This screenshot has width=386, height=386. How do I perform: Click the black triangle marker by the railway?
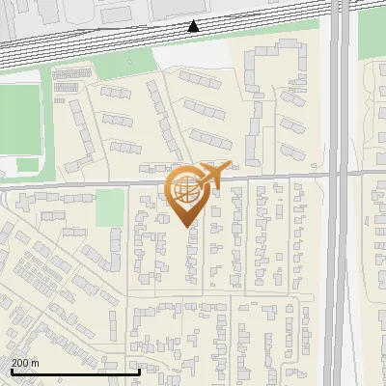[194, 26]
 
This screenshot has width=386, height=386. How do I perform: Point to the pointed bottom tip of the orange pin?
[186, 226]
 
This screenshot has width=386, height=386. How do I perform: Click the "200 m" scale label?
[25, 363]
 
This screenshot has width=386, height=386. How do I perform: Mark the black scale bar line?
[75, 372]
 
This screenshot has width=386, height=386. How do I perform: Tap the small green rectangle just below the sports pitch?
[28, 164]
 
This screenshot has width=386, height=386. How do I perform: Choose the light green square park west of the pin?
[110, 206]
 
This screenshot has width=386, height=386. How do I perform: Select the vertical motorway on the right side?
[339, 241]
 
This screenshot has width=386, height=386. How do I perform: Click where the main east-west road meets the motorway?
[339, 174]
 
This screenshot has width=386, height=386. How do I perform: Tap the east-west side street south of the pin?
[222, 293]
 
